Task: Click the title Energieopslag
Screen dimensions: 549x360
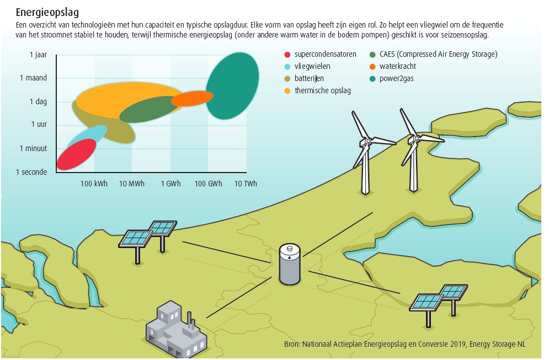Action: click(x=47, y=13)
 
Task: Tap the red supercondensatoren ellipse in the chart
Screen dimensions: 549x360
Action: click(x=76, y=154)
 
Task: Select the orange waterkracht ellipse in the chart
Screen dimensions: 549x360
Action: click(x=192, y=98)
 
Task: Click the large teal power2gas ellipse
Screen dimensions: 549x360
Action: click(x=232, y=85)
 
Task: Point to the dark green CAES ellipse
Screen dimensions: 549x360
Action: click(x=150, y=109)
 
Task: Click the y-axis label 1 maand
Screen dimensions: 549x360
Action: click(x=33, y=78)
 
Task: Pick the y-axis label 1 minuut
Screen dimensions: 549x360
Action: click(x=33, y=148)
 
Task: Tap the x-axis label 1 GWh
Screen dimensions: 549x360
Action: click(x=171, y=184)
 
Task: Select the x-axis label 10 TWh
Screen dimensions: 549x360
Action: click(x=246, y=184)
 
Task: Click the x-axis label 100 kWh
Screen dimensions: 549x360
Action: click(x=94, y=184)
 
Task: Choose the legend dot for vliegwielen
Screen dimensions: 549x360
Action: click(x=287, y=67)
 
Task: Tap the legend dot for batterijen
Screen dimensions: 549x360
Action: click(x=287, y=79)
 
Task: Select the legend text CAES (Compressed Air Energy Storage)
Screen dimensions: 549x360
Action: click(x=438, y=54)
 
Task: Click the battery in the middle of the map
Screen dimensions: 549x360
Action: click(x=290, y=264)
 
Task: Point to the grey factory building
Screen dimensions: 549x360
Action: click(x=176, y=331)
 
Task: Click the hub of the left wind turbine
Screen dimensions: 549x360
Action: click(x=369, y=141)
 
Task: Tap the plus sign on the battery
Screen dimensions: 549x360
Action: click(x=290, y=258)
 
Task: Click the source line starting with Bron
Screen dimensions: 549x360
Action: click(x=405, y=344)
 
